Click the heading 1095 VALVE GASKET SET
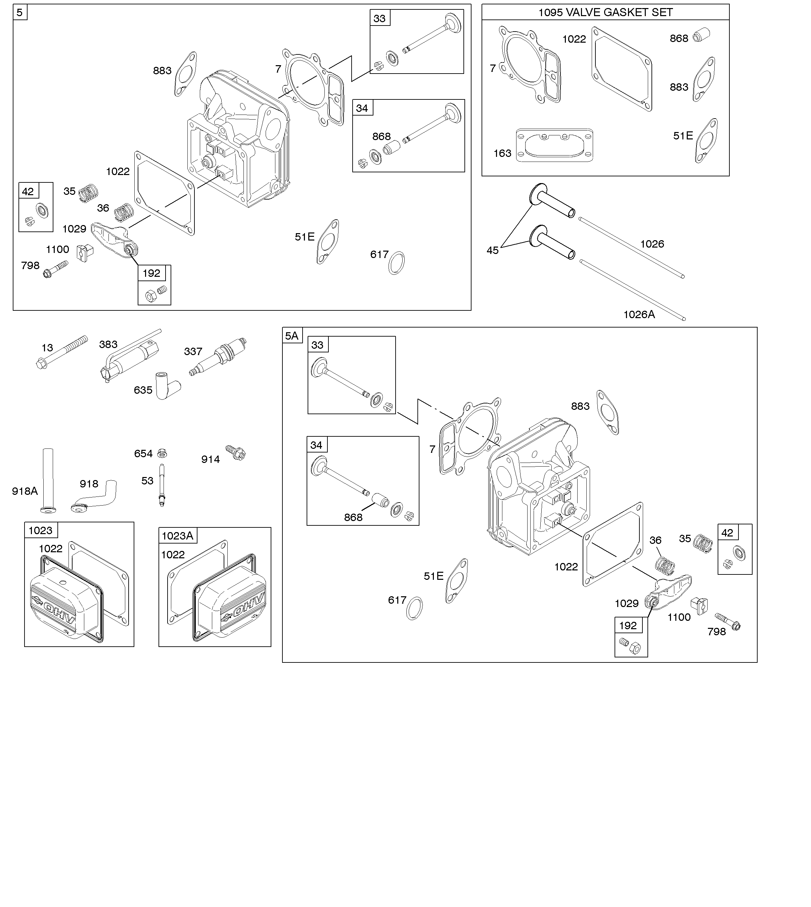(605, 12)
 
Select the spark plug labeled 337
(218, 357)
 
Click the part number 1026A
(638, 315)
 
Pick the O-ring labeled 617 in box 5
(397, 263)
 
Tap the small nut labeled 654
(163, 453)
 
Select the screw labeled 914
(236, 453)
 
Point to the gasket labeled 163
(554, 145)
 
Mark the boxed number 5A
(292, 336)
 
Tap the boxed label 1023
(41, 530)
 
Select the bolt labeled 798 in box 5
(56, 269)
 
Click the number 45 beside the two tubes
(492, 251)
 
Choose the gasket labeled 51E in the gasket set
(707, 140)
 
